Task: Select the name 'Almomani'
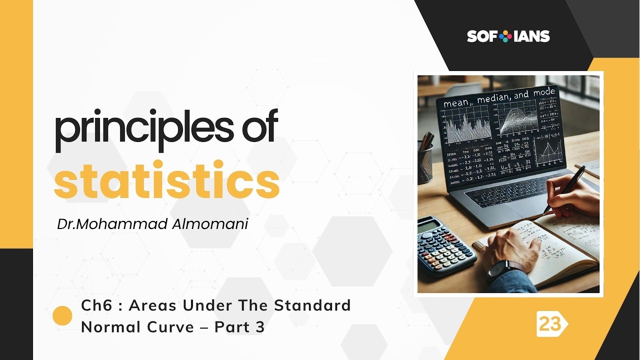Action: pyautogui.click(x=210, y=224)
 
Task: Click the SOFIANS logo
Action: pyautogui.click(x=508, y=36)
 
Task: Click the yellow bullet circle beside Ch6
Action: pyautogui.click(x=62, y=316)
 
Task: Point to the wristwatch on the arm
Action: pyautogui.click(x=500, y=270)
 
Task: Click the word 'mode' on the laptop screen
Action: pyautogui.click(x=544, y=92)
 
